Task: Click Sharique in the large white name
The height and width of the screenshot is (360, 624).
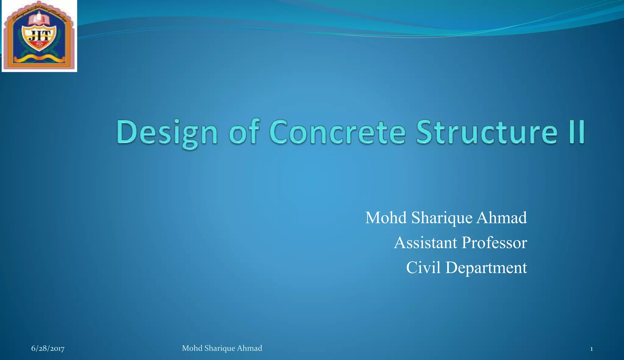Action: pos(442,218)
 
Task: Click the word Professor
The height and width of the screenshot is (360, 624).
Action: pos(494,243)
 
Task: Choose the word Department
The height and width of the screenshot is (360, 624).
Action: pos(486,268)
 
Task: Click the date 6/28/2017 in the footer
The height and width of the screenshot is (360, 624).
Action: pos(48,348)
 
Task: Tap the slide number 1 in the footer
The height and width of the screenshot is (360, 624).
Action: pos(591,349)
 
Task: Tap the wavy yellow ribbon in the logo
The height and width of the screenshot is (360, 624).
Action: pos(39,58)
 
